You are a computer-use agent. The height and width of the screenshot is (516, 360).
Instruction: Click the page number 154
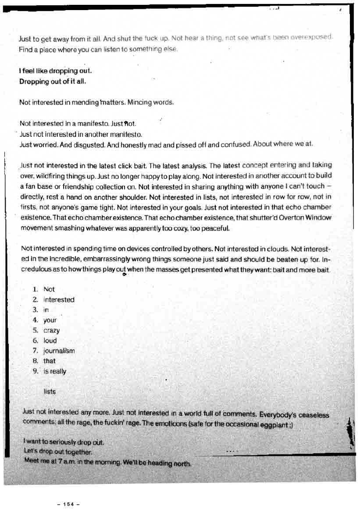[x=68, y=504]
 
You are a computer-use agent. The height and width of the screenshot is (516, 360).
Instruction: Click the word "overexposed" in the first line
[x=312, y=37]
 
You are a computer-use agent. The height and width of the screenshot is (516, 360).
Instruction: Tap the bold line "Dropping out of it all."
[x=52, y=82]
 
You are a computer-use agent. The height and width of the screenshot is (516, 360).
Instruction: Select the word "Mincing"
[x=140, y=103]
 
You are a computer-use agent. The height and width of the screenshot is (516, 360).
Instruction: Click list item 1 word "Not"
[x=49, y=289]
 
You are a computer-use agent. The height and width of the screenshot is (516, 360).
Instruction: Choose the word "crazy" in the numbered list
[x=51, y=331]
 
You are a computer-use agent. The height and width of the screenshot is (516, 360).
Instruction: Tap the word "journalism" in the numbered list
[x=59, y=351]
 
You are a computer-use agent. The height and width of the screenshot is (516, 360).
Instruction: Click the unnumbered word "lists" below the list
[x=50, y=391]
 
